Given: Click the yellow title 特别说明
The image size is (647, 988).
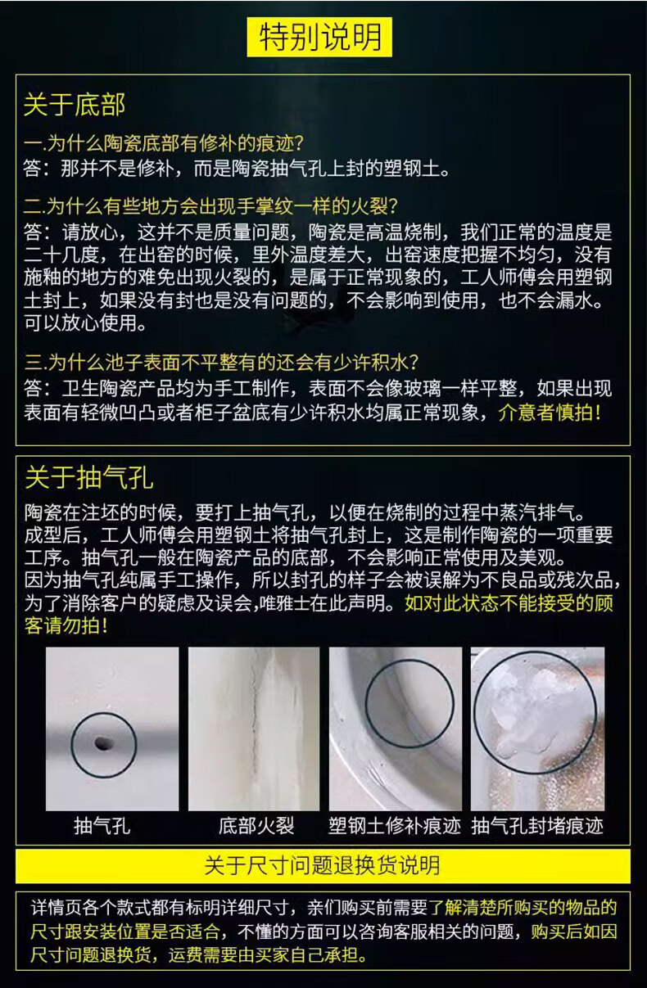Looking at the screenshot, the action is pos(319,37).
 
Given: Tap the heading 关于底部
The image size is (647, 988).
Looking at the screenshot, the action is pos(75,105).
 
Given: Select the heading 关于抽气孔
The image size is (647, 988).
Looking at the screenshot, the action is pos(88,478).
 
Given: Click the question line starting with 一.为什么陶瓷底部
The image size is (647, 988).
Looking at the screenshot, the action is pos(163,143).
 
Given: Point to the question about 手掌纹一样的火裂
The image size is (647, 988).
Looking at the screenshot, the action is pos(211,206).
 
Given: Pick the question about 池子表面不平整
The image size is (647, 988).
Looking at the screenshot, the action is pos(221,363).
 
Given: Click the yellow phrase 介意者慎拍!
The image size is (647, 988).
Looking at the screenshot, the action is pos(550,413).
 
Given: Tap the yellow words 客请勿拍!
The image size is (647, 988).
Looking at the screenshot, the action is pos(66,626).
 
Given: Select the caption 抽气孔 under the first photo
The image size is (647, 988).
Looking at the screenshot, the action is pos(102,826).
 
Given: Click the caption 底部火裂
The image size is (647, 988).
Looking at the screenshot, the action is pos(256,826).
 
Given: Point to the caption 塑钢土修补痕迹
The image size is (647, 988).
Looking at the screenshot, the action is pos(395,826).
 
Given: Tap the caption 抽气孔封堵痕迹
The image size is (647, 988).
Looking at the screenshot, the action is pos(537,826).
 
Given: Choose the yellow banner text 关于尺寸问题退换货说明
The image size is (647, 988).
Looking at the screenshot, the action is pos(323,865).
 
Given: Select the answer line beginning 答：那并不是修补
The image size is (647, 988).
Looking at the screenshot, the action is pos(237,169).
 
